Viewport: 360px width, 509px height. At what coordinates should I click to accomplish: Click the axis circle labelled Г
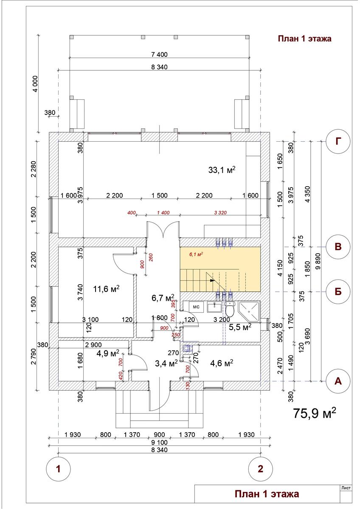338,142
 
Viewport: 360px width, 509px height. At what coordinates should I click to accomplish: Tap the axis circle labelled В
338,247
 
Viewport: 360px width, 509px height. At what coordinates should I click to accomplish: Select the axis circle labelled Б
338,292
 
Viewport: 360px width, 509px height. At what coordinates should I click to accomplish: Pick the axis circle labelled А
338,381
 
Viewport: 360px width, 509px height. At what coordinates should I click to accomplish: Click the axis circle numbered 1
58,469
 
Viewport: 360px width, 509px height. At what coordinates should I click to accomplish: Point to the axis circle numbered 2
260,469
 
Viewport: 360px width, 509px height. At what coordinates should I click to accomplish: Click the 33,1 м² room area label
222,170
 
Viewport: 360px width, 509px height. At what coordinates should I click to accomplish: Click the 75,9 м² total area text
315,413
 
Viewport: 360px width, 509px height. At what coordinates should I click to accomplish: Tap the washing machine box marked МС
196,306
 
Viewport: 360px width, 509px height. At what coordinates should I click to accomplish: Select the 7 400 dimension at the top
159,54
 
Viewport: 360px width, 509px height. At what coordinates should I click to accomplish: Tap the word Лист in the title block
346,488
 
